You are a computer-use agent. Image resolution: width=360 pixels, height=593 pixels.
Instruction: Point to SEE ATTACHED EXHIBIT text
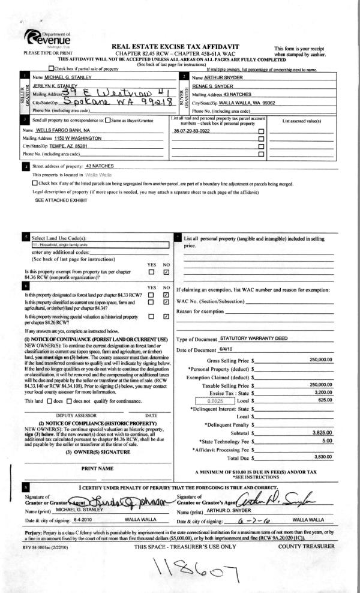click(x=60, y=199)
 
